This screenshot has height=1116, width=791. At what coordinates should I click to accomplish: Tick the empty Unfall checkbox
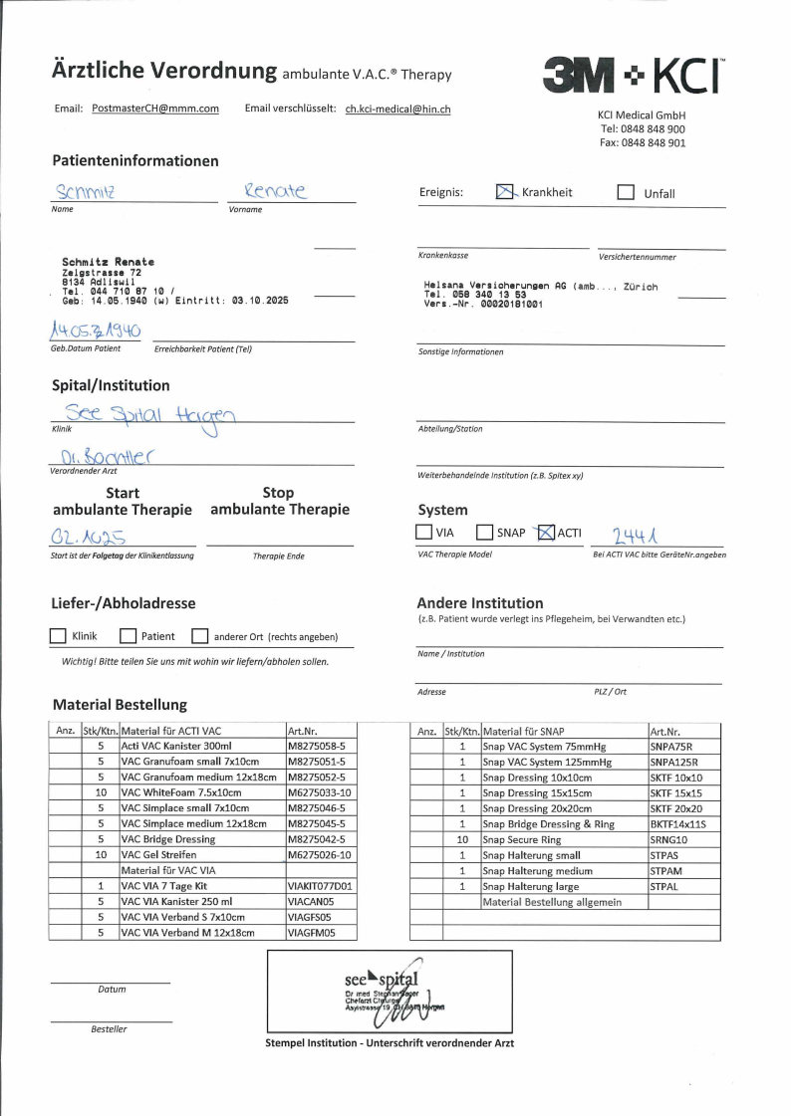[x=626, y=192]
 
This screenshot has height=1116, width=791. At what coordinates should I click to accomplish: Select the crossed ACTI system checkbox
[x=545, y=533]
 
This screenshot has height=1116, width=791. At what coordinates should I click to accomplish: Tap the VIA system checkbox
[x=424, y=533]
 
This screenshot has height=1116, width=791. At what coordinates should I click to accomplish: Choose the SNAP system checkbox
[x=485, y=533]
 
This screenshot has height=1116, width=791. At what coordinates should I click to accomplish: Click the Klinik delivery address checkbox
[x=58, y=636]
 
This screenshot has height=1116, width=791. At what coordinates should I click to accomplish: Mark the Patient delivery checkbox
[x=128, y=636]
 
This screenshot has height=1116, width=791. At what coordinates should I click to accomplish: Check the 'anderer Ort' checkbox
[x=199, y=636]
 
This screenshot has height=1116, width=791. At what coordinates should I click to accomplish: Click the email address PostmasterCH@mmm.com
[x=154, y=109]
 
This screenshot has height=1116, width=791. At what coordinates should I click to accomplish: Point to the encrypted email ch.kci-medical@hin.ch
[x=397, y=109]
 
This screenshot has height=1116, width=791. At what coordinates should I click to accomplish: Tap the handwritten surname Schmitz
[x=87, y=191]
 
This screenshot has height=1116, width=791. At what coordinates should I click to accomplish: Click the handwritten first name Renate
[x=276, y=189]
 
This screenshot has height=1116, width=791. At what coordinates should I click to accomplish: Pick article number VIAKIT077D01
[x=320, y=885]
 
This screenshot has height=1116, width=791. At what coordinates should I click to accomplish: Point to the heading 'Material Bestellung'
[x=120, y=705]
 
